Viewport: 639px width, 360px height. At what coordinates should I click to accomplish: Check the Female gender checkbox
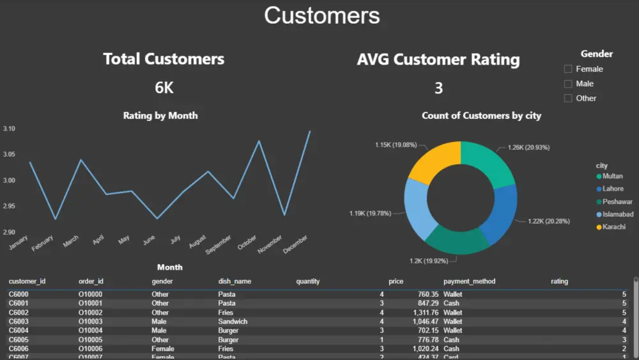pos(568,69)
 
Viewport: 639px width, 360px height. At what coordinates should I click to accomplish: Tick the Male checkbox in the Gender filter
pos(568,84)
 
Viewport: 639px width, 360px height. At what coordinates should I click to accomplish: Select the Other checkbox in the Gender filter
pos(568,98)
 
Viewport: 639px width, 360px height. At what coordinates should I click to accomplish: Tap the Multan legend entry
pos(612,176)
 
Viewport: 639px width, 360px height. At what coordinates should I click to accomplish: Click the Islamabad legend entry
pos(614,214)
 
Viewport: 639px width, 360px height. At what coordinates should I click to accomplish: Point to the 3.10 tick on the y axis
pos(9,129)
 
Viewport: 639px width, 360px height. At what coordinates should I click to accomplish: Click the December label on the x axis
pos(296,244)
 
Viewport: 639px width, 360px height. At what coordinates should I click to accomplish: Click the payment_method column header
pos(469,281)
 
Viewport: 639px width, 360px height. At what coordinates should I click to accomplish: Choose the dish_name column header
pos(235,281)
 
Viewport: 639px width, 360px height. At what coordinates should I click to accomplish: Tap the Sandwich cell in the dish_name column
pos(233,322)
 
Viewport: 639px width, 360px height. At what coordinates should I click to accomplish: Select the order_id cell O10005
pos(90,340)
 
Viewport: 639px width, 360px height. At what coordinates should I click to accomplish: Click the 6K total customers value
pos(164,88)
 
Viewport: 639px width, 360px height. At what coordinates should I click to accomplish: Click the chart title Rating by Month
pos(160,116)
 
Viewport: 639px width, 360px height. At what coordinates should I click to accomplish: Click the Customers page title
pos(321,15)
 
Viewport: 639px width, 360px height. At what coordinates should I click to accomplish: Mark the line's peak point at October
pos(259,141)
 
